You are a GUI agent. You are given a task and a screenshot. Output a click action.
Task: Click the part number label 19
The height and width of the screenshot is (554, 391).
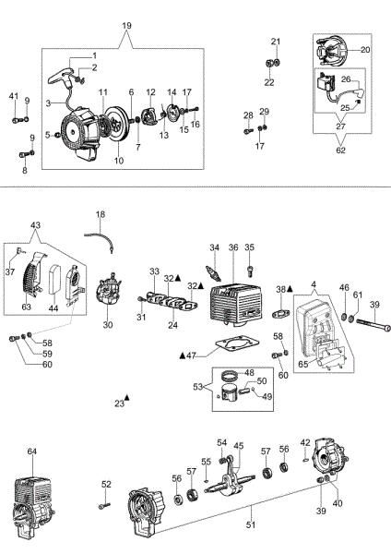coord(126,24)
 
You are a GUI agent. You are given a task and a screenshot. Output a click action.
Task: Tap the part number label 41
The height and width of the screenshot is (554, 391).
coord(14,97)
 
